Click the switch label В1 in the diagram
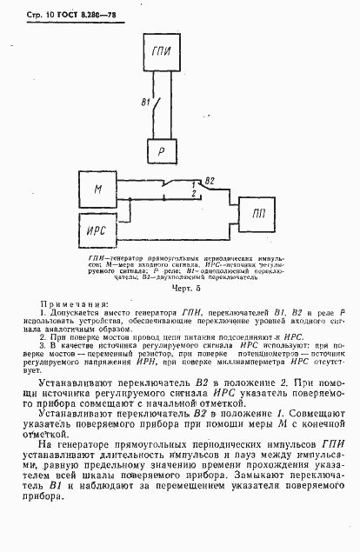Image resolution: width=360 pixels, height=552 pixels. pos(146,103)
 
